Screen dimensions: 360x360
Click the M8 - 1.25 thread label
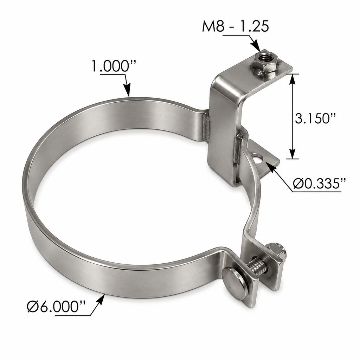click(x=235, y=26)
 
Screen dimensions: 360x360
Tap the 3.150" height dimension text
click(x=315, y=118)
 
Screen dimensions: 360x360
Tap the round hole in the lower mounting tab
click(x=258, y=159)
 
